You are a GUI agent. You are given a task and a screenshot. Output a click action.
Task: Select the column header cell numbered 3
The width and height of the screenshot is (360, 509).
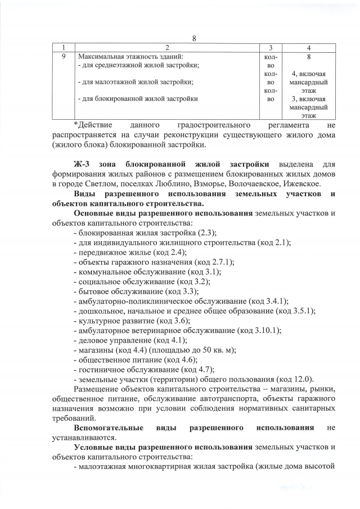[271, 48]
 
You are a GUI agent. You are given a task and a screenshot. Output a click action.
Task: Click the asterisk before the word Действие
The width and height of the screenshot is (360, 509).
[76, 124]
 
